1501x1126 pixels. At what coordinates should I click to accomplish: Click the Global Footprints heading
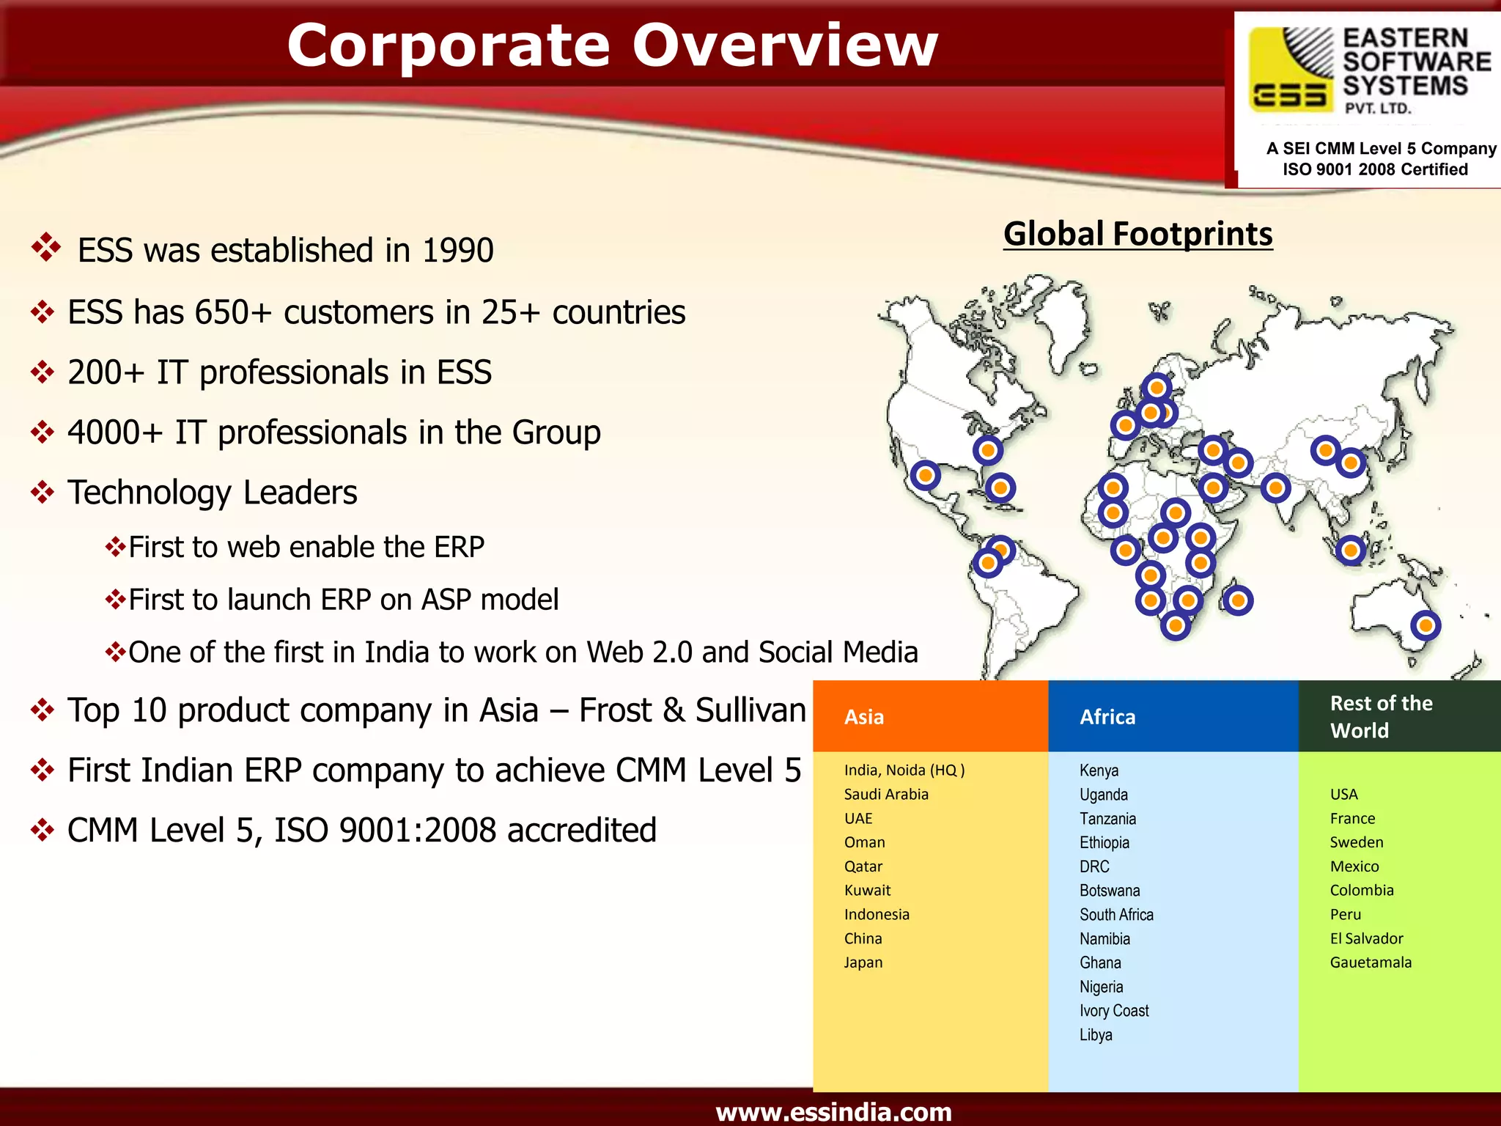(1137, 235)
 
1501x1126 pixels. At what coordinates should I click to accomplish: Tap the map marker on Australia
(1426, 625)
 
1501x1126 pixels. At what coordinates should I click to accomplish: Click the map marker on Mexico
(926, 476)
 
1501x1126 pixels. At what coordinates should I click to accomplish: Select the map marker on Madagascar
(1238, 600)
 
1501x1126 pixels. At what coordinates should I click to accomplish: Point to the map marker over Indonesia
(1351, 550)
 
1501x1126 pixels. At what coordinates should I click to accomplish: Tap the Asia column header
(864, 717)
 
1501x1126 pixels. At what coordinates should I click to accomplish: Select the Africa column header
(1107, 717)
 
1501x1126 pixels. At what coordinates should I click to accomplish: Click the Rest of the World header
(1381, 716)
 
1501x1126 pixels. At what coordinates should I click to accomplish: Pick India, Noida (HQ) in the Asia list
(904, 770)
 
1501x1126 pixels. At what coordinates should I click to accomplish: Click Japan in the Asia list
(863, 963)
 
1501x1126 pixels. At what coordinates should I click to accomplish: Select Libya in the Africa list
(1096, 1034)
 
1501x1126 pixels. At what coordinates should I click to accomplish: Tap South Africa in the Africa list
(1116, 914)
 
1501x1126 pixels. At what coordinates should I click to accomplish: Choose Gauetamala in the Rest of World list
(1371, 963)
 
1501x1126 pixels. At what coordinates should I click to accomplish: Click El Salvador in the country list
(1366, 938)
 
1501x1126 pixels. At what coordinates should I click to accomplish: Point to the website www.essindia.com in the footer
(833, 1111)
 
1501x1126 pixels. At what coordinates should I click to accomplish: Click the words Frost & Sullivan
(693, 710)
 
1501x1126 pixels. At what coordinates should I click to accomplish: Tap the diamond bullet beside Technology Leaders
(43, 492)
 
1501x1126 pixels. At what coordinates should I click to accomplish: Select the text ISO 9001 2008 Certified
(1375, 169)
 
